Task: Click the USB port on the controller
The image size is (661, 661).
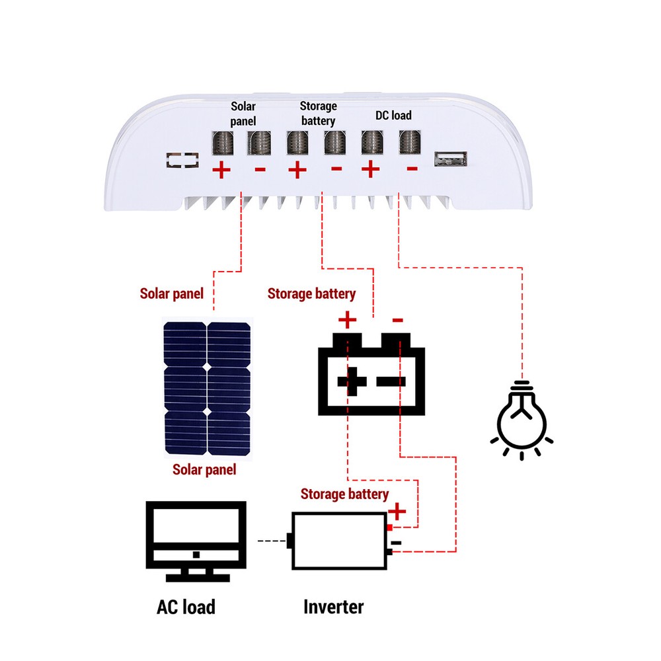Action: point(451,159)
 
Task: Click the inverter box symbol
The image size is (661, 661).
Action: point(339,541)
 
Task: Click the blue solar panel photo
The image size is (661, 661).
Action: point(207,388)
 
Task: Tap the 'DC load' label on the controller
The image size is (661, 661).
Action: point(393,116)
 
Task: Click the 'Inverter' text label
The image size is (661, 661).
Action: point(333,606)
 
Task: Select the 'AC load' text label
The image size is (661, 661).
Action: point(186,606)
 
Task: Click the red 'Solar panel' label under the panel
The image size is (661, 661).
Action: point(204,470)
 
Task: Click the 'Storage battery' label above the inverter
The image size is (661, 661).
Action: point(344,494)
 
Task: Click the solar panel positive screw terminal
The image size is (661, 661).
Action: point(222,142)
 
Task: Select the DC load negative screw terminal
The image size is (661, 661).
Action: point(410,142)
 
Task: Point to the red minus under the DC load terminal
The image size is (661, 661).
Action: point(412,169)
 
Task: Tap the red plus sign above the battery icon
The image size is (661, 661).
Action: point(347,321)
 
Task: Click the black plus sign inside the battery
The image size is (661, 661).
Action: point(352,381)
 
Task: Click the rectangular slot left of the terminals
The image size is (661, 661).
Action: point(182,161)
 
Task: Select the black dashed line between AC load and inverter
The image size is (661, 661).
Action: point(271,541)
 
